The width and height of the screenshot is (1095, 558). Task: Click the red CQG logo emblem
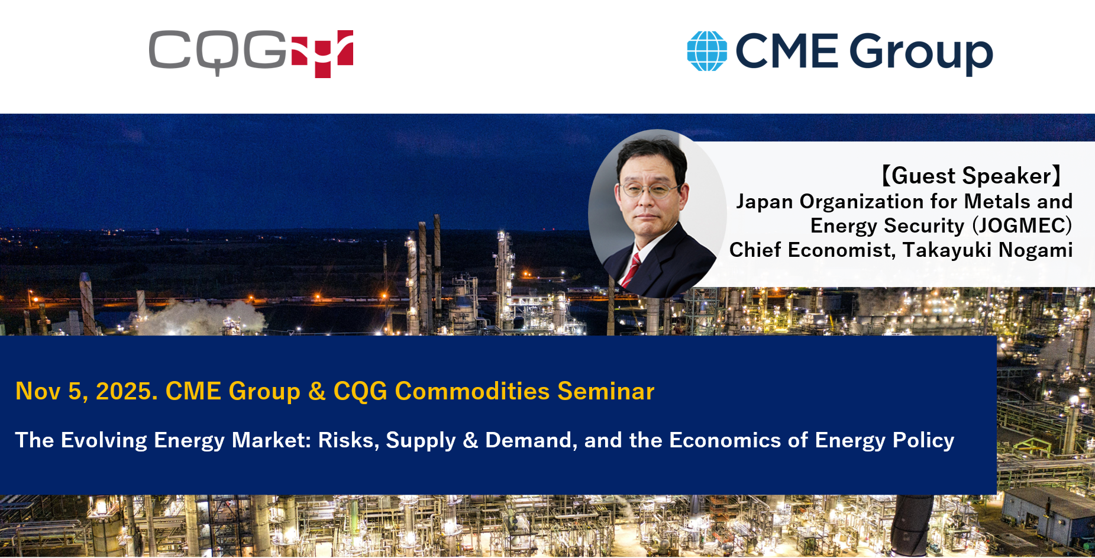pos(322,54)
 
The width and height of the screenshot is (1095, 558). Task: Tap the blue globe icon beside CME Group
pos(707,51)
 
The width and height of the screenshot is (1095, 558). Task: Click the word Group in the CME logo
pos(921,53)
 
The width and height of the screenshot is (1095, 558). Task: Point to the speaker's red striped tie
pos(632,269)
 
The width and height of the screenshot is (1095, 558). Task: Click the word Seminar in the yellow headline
pos(606,391)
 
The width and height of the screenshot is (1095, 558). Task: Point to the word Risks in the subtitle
pos(348,440)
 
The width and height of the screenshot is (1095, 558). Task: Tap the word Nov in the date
pos(38,391)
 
